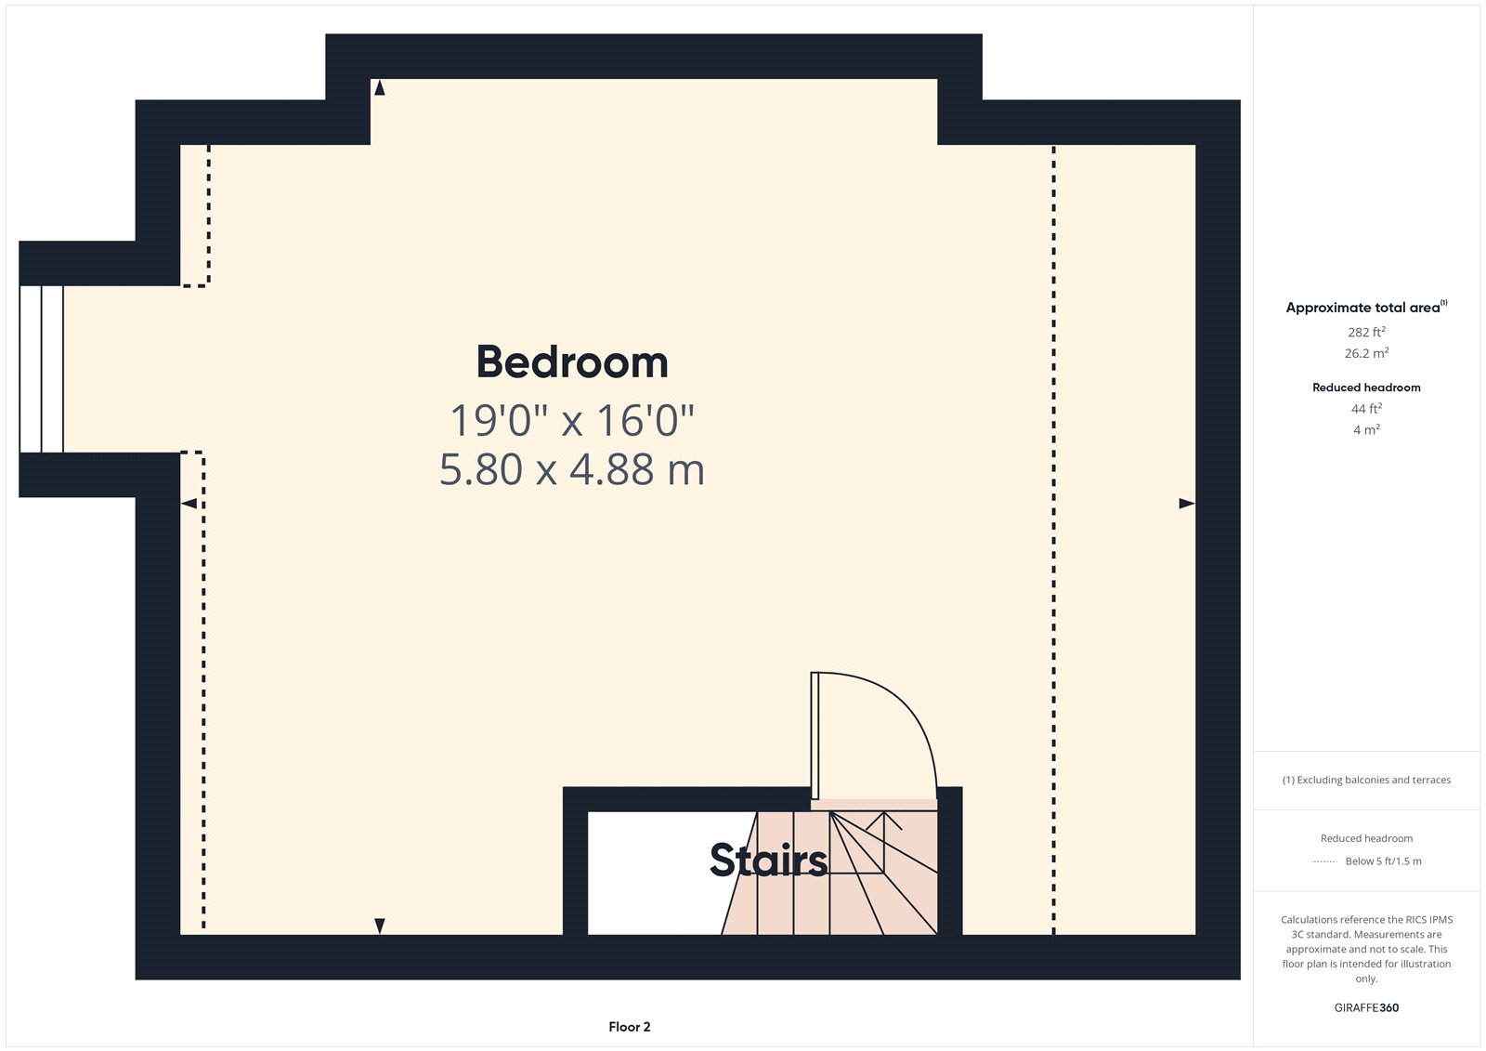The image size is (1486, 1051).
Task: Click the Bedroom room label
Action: pos(572,362)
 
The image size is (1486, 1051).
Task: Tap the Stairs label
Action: pos(768,861)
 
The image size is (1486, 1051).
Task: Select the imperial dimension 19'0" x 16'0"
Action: pos(572,420)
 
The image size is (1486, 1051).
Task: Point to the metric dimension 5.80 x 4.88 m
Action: pos(572,469)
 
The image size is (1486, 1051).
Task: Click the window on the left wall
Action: pos(42,369)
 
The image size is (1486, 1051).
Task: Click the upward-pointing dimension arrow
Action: pos(379,87)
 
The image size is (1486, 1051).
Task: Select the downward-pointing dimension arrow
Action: pos(379,926)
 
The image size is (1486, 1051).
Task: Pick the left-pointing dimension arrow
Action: pos(189,504)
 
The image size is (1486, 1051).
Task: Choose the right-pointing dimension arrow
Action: pos(1186,504)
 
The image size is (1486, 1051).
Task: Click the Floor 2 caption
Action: pos(630,1027)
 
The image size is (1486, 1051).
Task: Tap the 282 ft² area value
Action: pos(1366,332)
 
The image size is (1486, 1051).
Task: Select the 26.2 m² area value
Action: pos(1366,353)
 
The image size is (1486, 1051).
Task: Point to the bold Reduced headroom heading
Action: pos(1366,388)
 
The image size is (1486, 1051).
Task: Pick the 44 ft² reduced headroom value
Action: pos(1366,409)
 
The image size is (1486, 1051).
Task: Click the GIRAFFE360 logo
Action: pos(1366,1007)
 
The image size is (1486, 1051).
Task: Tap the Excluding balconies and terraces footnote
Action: pos(1366,781)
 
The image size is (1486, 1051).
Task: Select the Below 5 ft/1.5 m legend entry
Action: pos(1383,861)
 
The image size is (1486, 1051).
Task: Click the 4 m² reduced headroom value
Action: pos(1366,430)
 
